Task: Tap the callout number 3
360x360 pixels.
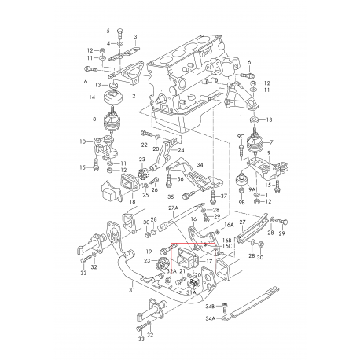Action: [x=135, y=37]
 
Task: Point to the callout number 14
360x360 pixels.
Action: [x=92, y=98]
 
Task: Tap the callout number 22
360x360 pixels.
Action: [x=145, y=145]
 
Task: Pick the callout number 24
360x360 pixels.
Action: [x=182, y=150]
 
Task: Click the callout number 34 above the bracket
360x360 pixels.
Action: [x=200, y=166]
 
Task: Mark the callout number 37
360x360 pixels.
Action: [x=224, y=196]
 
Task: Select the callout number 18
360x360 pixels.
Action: [x=132, y=202]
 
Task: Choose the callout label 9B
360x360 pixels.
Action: [x=241, y=203]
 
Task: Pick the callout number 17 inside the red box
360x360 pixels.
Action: [x=209, y=263]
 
